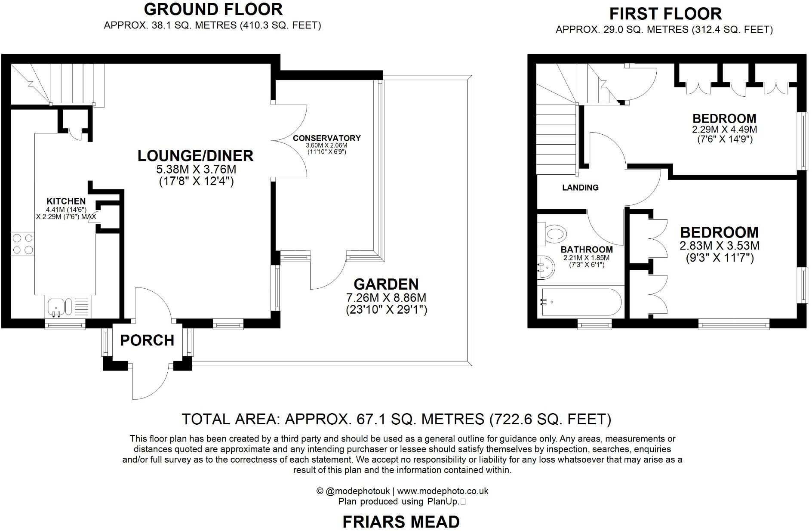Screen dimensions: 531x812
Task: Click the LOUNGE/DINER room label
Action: click(195, 156)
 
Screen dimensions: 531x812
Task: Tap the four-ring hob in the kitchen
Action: click(23, 243)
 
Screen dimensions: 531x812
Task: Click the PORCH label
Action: click(147, 340)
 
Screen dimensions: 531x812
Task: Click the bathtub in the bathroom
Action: click(581, 303)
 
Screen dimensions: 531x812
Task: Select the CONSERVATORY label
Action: click(326, 138)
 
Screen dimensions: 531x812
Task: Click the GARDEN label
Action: click(386, 284)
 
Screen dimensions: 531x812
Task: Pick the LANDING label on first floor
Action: click(580, 188)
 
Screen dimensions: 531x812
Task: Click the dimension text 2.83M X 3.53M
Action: click(719, 246)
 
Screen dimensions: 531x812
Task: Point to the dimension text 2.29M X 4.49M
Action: click(724, 130)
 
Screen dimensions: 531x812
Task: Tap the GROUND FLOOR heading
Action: click(213, 9)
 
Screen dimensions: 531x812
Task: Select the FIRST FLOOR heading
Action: click(665, 14)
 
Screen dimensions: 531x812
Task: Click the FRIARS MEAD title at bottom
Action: click(401, 522)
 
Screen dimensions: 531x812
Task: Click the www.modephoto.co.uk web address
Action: click(443, 491)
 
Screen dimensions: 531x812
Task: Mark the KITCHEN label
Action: click(66, 201)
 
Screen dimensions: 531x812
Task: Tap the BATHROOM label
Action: click(587, 250)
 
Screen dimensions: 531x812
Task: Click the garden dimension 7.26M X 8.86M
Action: click(386, 297)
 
